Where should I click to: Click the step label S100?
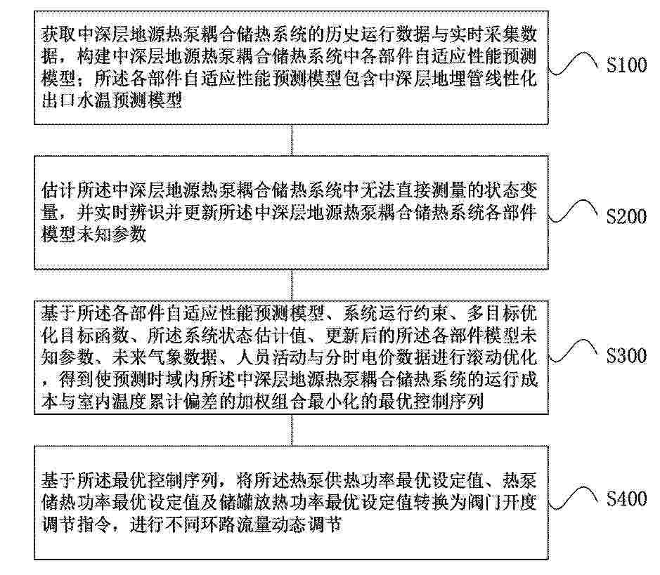click(626, 65)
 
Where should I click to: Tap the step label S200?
click(626, 216)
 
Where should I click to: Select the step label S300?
click(626, 355)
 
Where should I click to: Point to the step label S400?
click(626, 498)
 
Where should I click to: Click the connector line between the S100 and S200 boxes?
click(292, 140)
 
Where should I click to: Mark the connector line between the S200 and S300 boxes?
click(292, 284)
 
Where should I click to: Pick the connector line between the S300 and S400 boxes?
click(292, 430)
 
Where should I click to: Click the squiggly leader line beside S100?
click(574, 64)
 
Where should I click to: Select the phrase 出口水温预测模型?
click(112, 100)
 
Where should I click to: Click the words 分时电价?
click(359, 357)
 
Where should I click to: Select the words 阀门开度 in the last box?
click(501, 502)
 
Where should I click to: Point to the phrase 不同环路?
click(200, 525)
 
